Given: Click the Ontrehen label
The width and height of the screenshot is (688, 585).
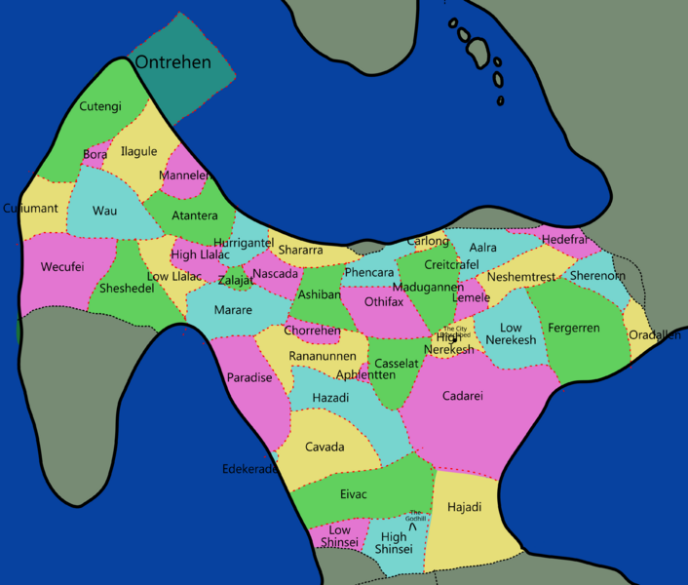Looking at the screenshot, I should click(172, 62).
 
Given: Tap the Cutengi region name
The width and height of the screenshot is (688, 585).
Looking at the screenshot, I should click(100, 106).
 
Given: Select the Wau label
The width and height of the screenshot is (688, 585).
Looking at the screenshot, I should click(104, 211).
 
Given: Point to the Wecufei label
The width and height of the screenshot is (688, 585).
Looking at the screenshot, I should click(62, 267).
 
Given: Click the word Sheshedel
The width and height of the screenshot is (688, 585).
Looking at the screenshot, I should click(127, 289).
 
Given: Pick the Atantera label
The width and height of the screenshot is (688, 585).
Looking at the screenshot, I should click(194, 215).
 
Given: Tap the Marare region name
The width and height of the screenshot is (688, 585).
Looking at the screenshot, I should click(233, 310).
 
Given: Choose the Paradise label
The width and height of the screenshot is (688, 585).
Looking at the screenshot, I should click(249, 377).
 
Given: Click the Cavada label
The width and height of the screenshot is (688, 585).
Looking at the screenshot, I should click(325, 448).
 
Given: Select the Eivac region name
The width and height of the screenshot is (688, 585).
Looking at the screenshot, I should click(354, 494).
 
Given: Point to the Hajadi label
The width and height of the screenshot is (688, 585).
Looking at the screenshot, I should click(464, 507).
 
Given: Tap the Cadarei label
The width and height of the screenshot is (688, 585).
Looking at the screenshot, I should click(463, 396).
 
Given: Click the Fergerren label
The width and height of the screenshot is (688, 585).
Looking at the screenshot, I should click(574, 329).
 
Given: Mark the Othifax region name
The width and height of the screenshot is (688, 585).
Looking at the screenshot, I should click(384, 302).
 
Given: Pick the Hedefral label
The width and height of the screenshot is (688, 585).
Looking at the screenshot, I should click(564, 239).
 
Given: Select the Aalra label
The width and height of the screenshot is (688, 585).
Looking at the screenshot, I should click(482, 248).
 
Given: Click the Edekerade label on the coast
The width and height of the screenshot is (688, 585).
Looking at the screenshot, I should click(250, 469).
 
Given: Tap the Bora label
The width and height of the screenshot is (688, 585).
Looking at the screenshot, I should click(96, 154).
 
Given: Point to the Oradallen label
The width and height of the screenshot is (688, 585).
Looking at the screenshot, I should click(655, 335).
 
